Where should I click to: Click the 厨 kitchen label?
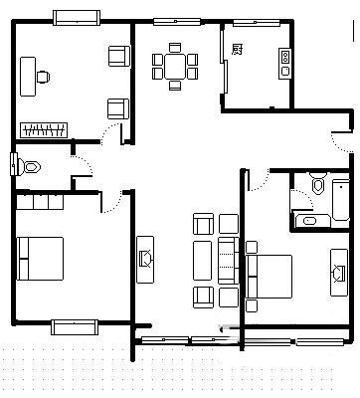(x=237, y=50)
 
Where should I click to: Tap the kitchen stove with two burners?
(x=285, y=64)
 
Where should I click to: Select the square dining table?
(x=175, y=66)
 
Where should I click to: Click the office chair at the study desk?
(x=43, y=77)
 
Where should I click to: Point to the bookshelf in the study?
(x=44, y=130)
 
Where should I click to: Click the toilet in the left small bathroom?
(x=29, y=167)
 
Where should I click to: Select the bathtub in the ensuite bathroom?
(x=341, y=200)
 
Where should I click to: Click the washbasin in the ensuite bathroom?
(x=310, y=221)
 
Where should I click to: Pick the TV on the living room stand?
(x=146, y=259)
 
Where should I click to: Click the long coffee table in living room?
(x=202, y=261)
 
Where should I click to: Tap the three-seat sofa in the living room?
(x=229, y=261)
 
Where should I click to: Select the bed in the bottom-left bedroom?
(x=40, y=259)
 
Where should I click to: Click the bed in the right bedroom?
(x=270, y=277)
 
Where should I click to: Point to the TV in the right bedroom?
(x=338, y=274)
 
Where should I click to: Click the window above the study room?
(x=77, y=18)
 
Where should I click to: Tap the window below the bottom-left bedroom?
(x=75, y=327)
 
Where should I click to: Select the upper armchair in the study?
(x=119, y=56)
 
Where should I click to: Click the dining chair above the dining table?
(x=175, y=48)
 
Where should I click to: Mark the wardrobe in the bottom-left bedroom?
(x=40, y=202)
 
